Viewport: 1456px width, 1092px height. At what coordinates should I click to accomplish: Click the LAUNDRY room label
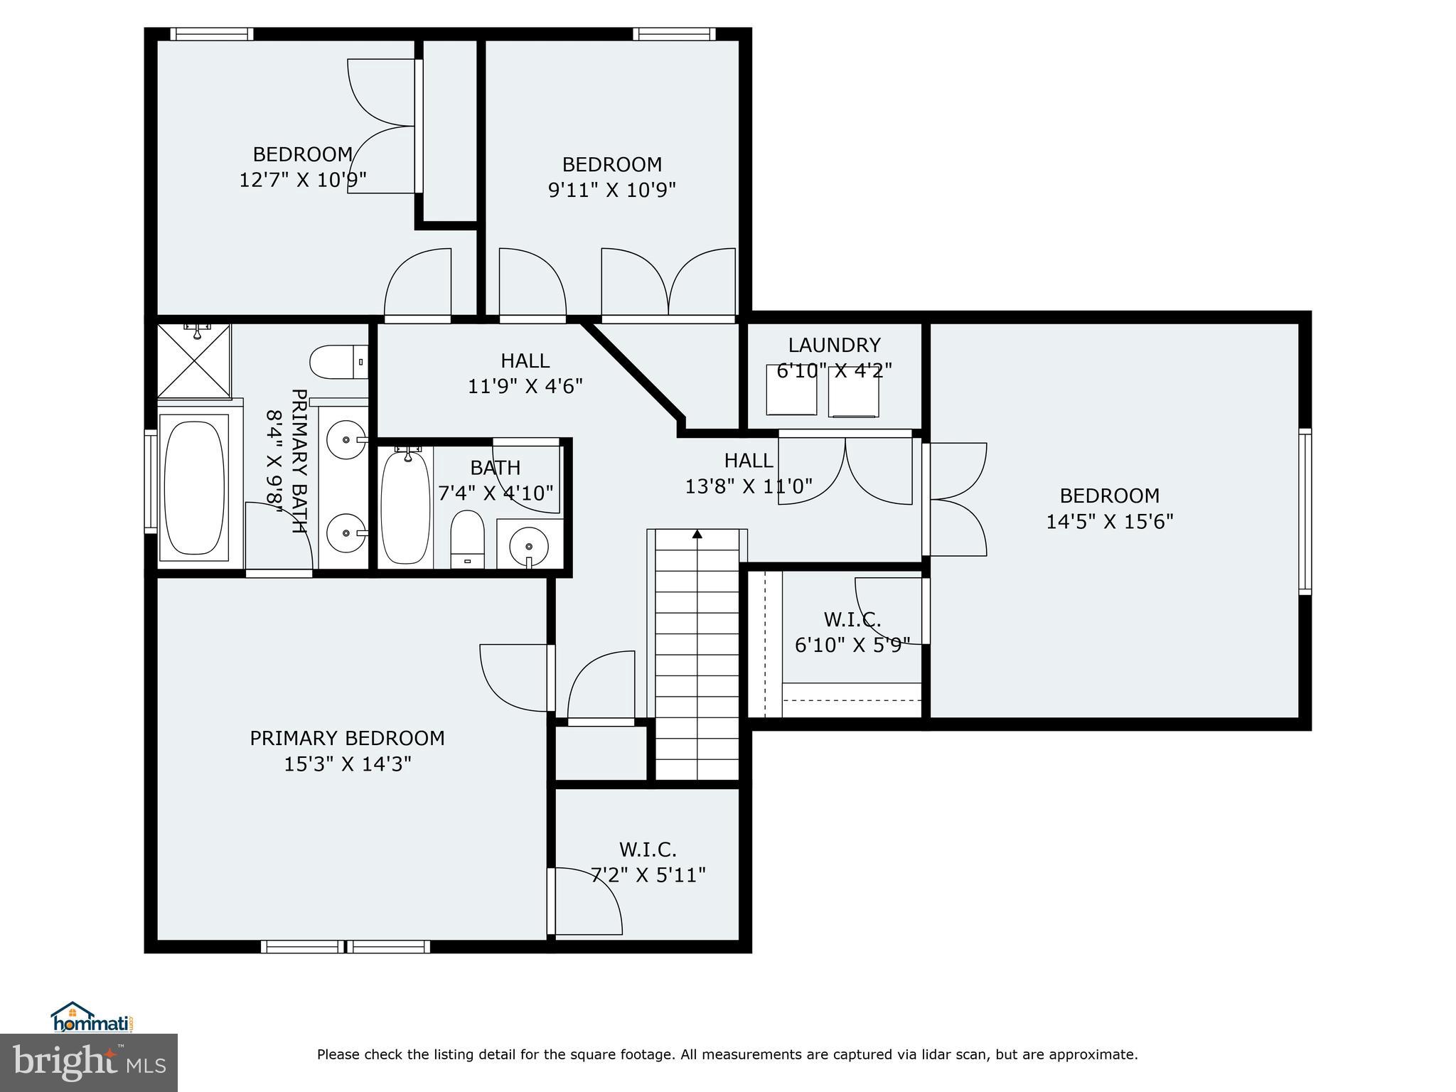[x=834, y=346]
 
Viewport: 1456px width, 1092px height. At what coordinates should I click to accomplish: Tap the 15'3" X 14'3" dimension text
[x=348, y=764]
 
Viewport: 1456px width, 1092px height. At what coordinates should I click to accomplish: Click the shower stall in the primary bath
[x=194, y=361]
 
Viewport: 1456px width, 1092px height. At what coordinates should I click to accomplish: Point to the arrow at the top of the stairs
[x=697, y=533]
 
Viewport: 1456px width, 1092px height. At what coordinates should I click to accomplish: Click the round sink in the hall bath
[x=530, y=546]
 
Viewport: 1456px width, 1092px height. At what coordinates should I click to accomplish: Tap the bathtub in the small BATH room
[x=405, y=507]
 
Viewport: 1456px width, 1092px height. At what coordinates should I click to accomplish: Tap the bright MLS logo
[x=89, y=1062]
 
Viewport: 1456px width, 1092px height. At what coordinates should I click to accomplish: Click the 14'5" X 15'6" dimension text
[x=1109, y=522]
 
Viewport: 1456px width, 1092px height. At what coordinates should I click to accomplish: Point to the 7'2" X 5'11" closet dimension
[x=648, y=875]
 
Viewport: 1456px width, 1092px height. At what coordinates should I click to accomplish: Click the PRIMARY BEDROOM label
[x=347, y=739]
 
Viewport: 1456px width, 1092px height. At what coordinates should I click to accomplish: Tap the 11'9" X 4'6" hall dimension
[x=525, y=387]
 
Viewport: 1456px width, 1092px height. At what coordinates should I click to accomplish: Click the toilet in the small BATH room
[x=467, y=539]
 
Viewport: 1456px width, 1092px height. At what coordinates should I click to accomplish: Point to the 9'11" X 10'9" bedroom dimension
[x=611, y=191]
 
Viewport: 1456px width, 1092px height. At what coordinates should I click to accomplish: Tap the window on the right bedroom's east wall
[x=1305, y=511]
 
